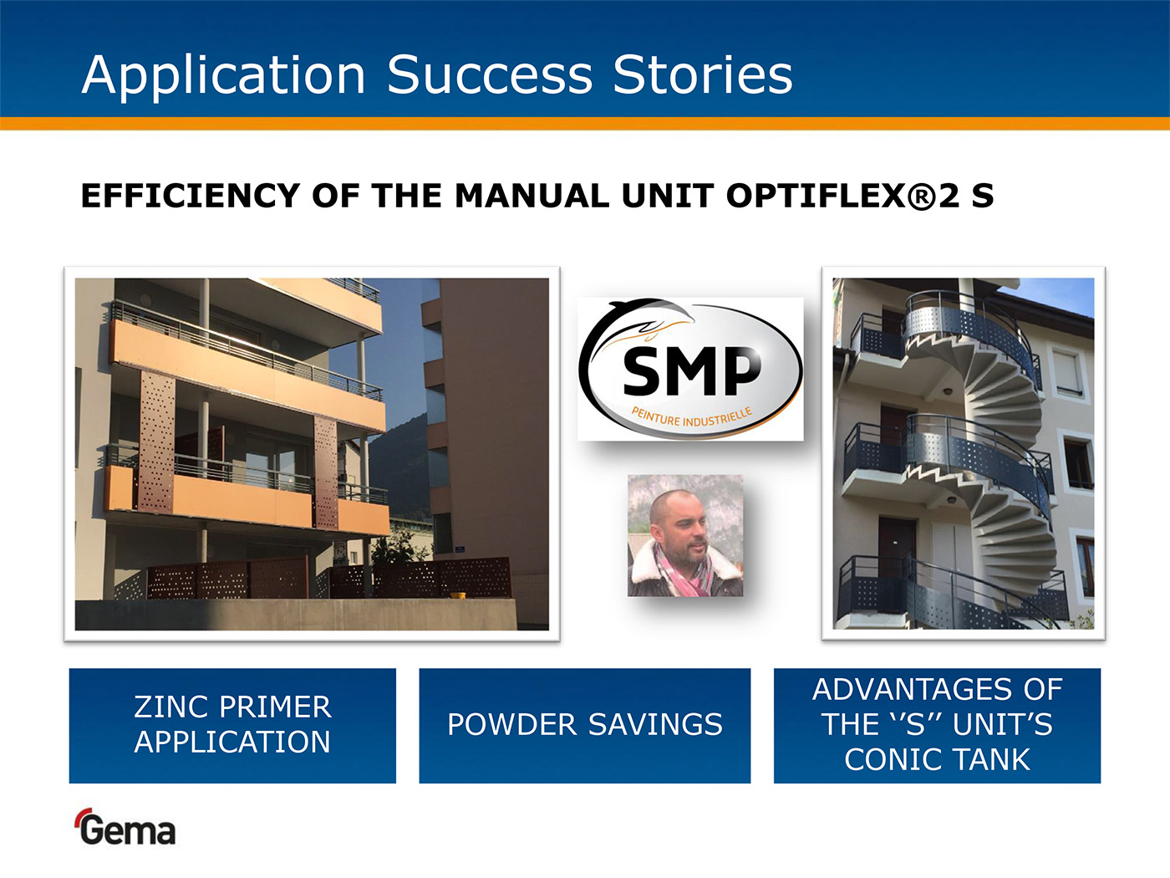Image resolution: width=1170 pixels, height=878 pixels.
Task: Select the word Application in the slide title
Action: coord(224,76)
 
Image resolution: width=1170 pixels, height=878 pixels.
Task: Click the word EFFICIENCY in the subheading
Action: coord(190,196)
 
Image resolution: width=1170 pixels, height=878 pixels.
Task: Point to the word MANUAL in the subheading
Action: coord(532,196)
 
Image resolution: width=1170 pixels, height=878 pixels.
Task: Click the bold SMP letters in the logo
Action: coord(691,370)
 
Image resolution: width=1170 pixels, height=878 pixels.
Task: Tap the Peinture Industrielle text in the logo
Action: coord(692,417)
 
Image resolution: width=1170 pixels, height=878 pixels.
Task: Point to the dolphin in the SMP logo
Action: coord(649,318)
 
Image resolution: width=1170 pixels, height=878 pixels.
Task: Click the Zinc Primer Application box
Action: coord(232,726)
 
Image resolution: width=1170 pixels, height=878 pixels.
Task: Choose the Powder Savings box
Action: coord(585,726)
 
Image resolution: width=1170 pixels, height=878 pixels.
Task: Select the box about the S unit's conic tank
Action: coord(937,726)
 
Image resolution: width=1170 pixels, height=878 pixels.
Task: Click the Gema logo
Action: coord(125,827)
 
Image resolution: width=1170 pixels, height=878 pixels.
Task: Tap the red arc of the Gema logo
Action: coord(82,816)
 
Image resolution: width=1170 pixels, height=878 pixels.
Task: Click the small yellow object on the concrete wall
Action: coord(457,595)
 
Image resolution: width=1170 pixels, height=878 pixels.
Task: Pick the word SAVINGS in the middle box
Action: coord(655,724)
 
